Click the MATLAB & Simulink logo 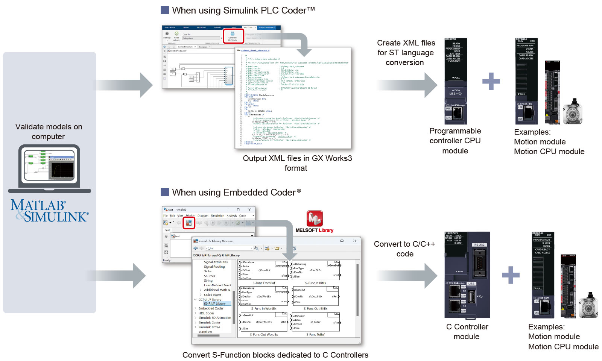tap(49, 211)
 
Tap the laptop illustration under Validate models tap(49, 168)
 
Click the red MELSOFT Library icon tap(315, 218)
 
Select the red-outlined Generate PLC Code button tap(233, 36)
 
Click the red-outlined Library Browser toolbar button tap(189, 223)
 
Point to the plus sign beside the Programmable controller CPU tap(491, 81)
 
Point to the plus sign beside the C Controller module tap(511, 275)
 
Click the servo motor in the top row tap(572, 112)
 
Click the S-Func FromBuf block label tap(264, 283)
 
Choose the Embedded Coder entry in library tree tap(211, 308)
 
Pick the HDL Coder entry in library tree tap(206, 313)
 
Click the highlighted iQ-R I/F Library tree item tap(215, 303)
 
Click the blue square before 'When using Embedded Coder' tap(165, 192)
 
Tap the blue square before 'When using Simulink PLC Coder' tap(165, 10)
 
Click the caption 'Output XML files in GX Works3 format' tap(297, 163)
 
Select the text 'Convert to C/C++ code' tap(404, 249)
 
